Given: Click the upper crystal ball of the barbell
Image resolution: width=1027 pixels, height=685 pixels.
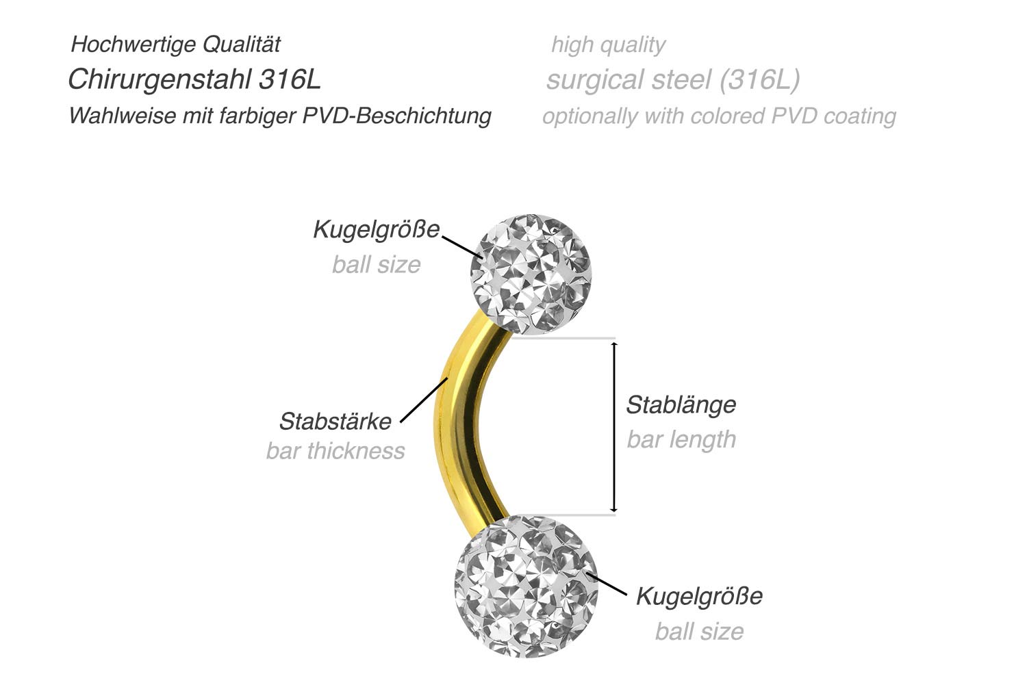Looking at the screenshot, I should (531, 273).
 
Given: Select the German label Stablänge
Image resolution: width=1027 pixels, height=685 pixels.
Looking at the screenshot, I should (681, 404).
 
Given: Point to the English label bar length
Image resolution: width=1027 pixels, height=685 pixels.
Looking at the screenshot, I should (681, 439).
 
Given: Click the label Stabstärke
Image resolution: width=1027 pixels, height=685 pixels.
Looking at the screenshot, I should (335, 421).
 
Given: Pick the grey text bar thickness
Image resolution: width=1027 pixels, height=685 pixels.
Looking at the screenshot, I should (335, 451).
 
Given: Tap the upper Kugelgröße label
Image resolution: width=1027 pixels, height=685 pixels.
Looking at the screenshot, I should (376, 229).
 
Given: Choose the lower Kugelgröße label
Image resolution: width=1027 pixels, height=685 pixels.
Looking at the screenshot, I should (699, 595).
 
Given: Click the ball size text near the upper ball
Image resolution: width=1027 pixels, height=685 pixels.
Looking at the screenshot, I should (376, 264).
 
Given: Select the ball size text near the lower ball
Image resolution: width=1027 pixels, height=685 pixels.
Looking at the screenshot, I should (699, 631).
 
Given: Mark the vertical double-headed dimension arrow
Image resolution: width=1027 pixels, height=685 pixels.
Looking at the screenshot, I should (614, 426).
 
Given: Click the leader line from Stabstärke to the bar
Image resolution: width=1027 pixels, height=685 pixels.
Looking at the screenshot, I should (423, 400).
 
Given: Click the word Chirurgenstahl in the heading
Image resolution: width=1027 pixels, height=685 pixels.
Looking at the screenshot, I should (160, 79).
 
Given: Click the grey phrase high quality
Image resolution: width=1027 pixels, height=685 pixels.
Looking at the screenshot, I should (608, 45).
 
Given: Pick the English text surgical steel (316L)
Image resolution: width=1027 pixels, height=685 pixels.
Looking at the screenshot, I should (672, 79).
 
